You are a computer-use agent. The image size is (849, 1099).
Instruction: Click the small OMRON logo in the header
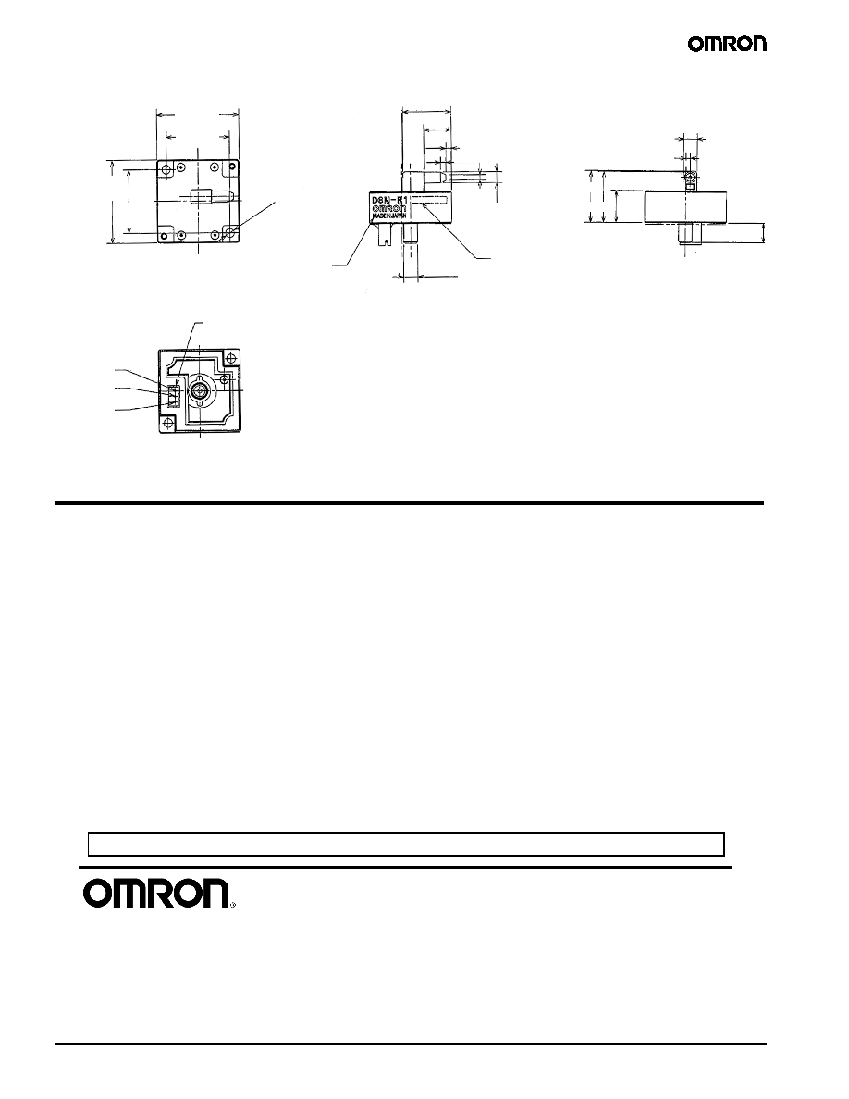click(x=727, y=44)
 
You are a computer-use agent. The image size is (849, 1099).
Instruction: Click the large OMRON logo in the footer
click(x=156, y=894)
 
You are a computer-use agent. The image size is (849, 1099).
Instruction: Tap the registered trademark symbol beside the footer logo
click(x=232, y=905)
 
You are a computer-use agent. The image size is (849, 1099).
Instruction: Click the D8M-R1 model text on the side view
click(x=388, y=200)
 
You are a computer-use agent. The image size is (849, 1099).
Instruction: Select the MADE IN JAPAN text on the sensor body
click(x=388, y=216)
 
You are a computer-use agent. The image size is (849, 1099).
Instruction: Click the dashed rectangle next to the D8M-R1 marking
click(x=429, y=200)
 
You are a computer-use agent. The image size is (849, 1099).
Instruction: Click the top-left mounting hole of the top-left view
click(x=166, y=170)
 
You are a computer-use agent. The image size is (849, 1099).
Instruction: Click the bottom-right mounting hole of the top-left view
click(x=229, y=233)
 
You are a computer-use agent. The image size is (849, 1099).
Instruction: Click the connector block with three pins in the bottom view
click(x=173, y=397)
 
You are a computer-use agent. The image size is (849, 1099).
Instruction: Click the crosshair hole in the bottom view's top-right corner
click(x=224, y=379)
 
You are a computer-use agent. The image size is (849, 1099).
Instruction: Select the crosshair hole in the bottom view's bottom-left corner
click(x=169, y=424)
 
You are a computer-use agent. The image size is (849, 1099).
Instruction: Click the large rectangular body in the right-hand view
click(x=686, y=207)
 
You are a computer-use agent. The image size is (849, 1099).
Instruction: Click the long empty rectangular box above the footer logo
click(x=406, y=845)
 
